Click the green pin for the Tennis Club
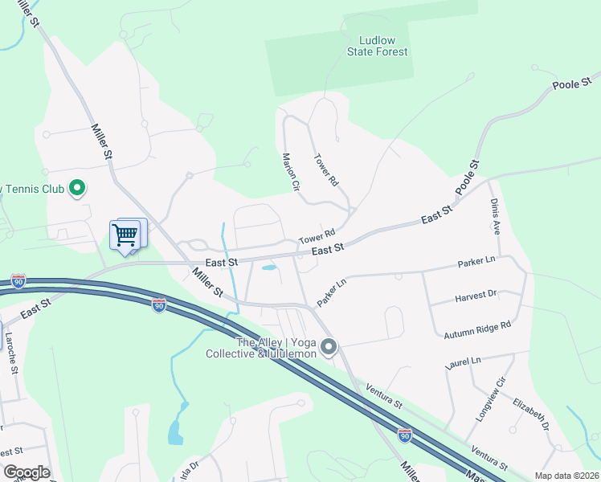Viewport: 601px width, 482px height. [x=77, y=189]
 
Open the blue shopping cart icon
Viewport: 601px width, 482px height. [x=125, y=235]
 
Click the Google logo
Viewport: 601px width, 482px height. [x=26, y=472]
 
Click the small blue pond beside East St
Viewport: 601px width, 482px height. [x=270, y=268]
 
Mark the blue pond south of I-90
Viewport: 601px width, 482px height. [x=175, y=432]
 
